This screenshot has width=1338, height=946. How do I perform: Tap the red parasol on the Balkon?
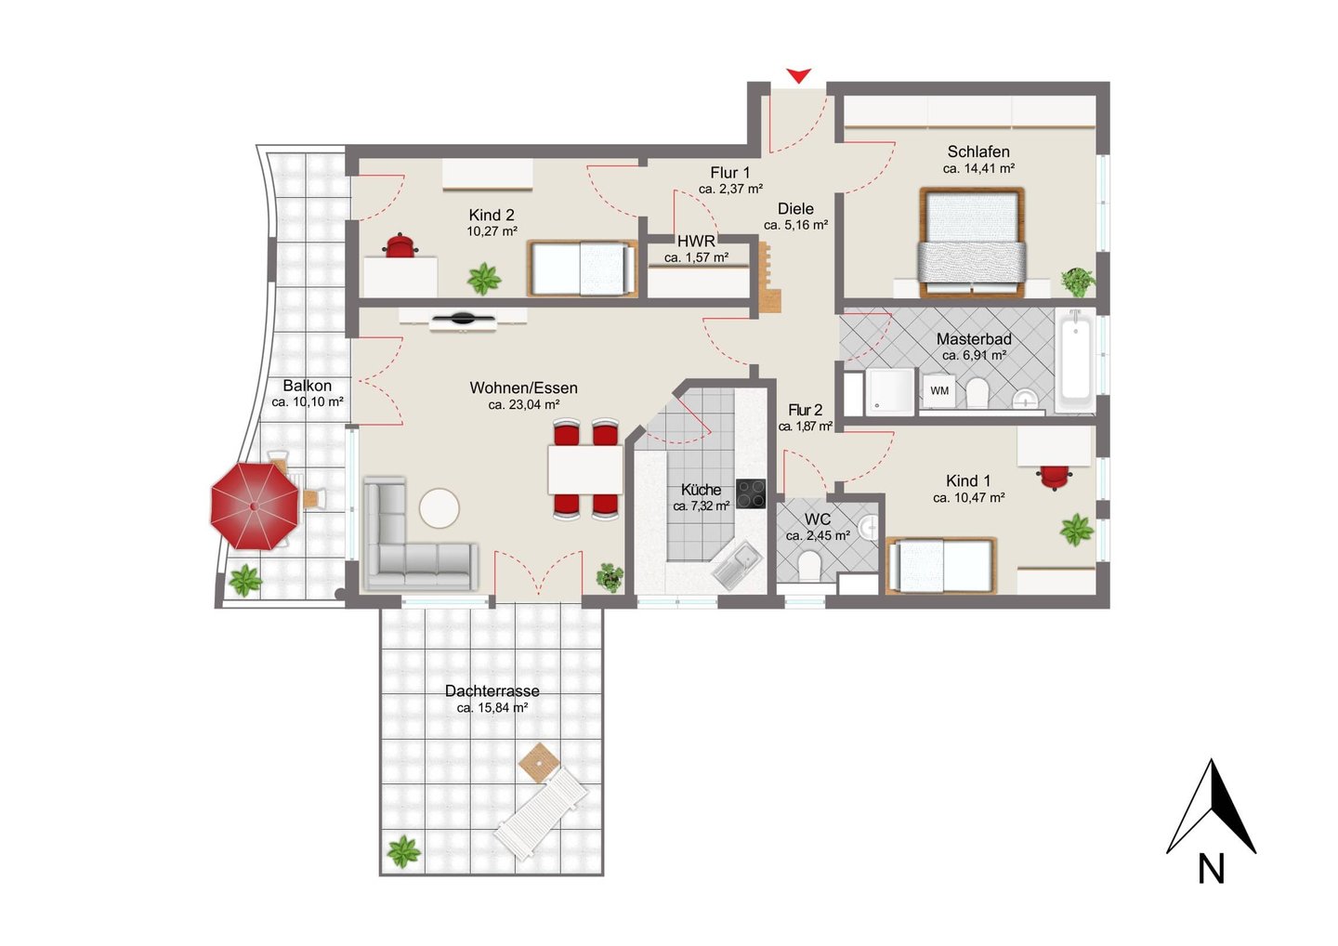pyautogui.click(x=255, y=506)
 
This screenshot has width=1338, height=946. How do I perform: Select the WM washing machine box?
pyautogui.click(x=939, y=391)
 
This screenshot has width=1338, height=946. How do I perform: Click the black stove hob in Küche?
pyautogui.click(x=751, y=493)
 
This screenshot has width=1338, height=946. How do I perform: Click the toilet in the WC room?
pyautogui.click(x=808, y=565)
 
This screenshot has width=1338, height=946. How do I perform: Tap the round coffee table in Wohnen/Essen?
pyautogui.click(x=439, y=508)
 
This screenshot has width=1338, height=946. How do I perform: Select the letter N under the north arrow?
pyautogui.click(x=1211, y=869)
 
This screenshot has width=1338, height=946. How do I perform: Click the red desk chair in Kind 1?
pyautogui.click(x=1055, y=477)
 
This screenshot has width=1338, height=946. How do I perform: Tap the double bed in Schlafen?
pyautogui.click(x=973, y=243)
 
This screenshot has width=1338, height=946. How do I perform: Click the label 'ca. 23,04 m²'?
pyautogui.click(x=523, y=405)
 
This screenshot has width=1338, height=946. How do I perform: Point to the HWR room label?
pyautogui.click(x=696, y=242)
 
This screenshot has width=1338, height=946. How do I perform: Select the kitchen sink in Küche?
pyautogui.click(x=738, y=566)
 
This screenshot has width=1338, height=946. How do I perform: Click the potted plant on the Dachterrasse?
pyautogui.click(x=404, y=851)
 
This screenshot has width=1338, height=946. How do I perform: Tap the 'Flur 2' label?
pyautogui.click(x=806, y=410)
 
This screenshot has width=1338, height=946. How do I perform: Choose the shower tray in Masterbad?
pyautogui.click(x=889, y=391)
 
